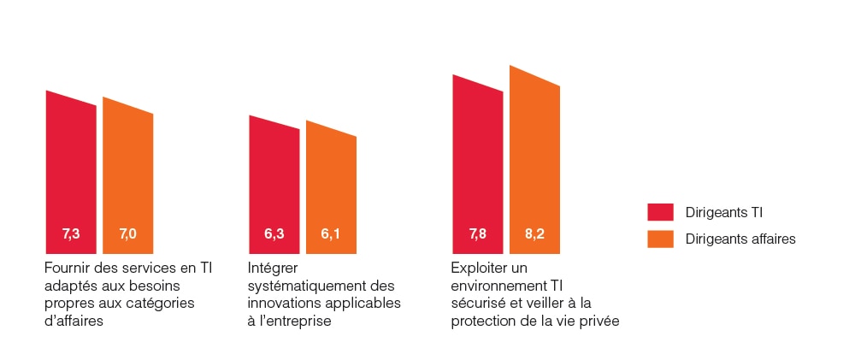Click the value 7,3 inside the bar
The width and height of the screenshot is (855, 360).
[71, 233]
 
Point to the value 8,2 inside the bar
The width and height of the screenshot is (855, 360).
[534, 233]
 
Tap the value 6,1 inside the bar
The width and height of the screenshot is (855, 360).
[331, 233]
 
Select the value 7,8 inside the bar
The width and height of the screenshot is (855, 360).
[478, 233]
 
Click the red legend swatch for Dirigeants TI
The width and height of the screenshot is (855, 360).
[661, 212]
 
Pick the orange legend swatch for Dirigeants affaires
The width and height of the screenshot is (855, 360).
[661, 239]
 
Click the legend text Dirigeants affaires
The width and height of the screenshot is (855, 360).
[740, 239]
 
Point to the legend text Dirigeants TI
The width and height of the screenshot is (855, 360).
[724, 212]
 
